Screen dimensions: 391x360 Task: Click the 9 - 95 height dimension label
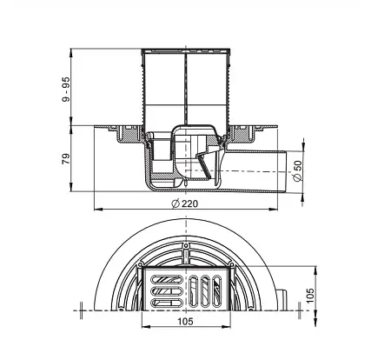[66, 90]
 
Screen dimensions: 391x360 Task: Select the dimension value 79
[66, 159]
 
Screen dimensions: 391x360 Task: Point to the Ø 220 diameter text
[185, 203]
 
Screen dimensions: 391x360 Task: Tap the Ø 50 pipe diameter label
[297, 170]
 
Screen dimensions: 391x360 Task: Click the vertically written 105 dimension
[310, 296]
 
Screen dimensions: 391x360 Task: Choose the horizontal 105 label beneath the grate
[185, 321]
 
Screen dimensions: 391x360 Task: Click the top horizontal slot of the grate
[167, 279]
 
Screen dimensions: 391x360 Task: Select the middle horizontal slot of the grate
[167, 290]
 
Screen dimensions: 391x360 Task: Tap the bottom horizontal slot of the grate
[167, 303]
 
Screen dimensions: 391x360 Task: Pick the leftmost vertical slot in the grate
[193, 290]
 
